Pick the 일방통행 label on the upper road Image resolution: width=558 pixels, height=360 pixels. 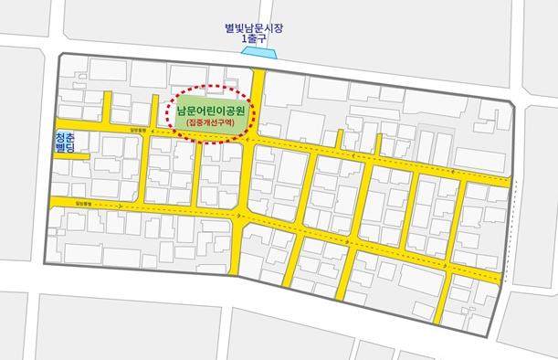point(137,130)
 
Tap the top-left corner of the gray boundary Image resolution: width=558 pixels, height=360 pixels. point(59,55)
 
